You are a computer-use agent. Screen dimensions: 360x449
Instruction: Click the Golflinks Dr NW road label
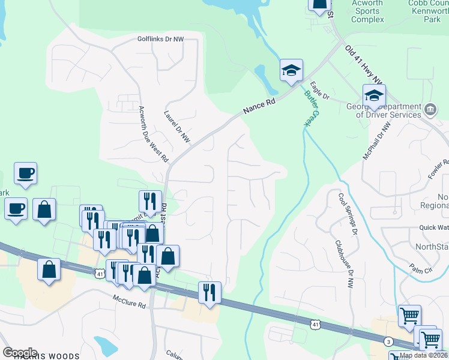(x=160, y=39)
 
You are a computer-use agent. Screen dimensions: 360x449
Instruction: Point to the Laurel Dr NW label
(x=177, y=126)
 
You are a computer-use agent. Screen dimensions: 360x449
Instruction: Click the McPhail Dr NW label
(x=376, y=142)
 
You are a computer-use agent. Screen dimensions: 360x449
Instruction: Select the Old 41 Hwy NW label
(x=364, y=63)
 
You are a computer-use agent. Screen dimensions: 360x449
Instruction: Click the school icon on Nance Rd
(x=291, y=71)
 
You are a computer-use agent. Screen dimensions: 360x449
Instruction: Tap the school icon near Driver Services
(x=374, y=95)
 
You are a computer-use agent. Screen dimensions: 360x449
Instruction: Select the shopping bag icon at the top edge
(x=320, y=5)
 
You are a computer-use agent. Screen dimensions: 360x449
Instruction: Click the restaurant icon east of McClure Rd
(x=209, y=293)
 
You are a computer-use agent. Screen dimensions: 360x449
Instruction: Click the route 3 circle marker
(x=388, y=341)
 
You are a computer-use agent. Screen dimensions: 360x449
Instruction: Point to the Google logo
(x=20, y=353)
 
